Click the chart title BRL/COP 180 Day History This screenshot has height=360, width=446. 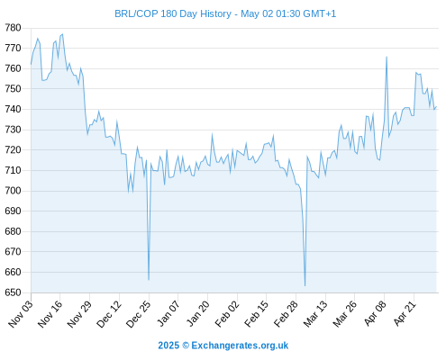[173, 13]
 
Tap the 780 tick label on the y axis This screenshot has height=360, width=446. [13, 28]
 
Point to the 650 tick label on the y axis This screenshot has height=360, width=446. [13, 292]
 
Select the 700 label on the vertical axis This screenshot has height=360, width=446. [13, 191]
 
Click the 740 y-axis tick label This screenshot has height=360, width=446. [13, 109]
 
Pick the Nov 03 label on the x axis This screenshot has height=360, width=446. [21, 314]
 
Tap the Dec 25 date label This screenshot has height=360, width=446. [139, 314]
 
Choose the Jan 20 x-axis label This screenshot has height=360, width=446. [197, 314]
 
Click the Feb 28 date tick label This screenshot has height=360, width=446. [286, 314]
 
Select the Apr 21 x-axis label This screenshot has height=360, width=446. [405, 314]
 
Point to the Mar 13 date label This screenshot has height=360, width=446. [315, 314]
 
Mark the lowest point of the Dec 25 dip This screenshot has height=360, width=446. [149, 280]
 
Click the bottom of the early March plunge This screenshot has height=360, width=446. [305, 285]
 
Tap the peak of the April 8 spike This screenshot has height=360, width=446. [387, 57]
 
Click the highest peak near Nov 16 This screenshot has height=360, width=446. [62, 34]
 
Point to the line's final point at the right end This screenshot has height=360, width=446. [436, 106]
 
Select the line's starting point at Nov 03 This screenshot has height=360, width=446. [31, 64]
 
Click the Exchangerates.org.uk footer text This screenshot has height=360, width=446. [240, 346]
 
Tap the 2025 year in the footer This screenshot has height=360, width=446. [168, 346]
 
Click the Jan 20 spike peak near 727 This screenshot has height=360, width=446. [212, 134]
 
